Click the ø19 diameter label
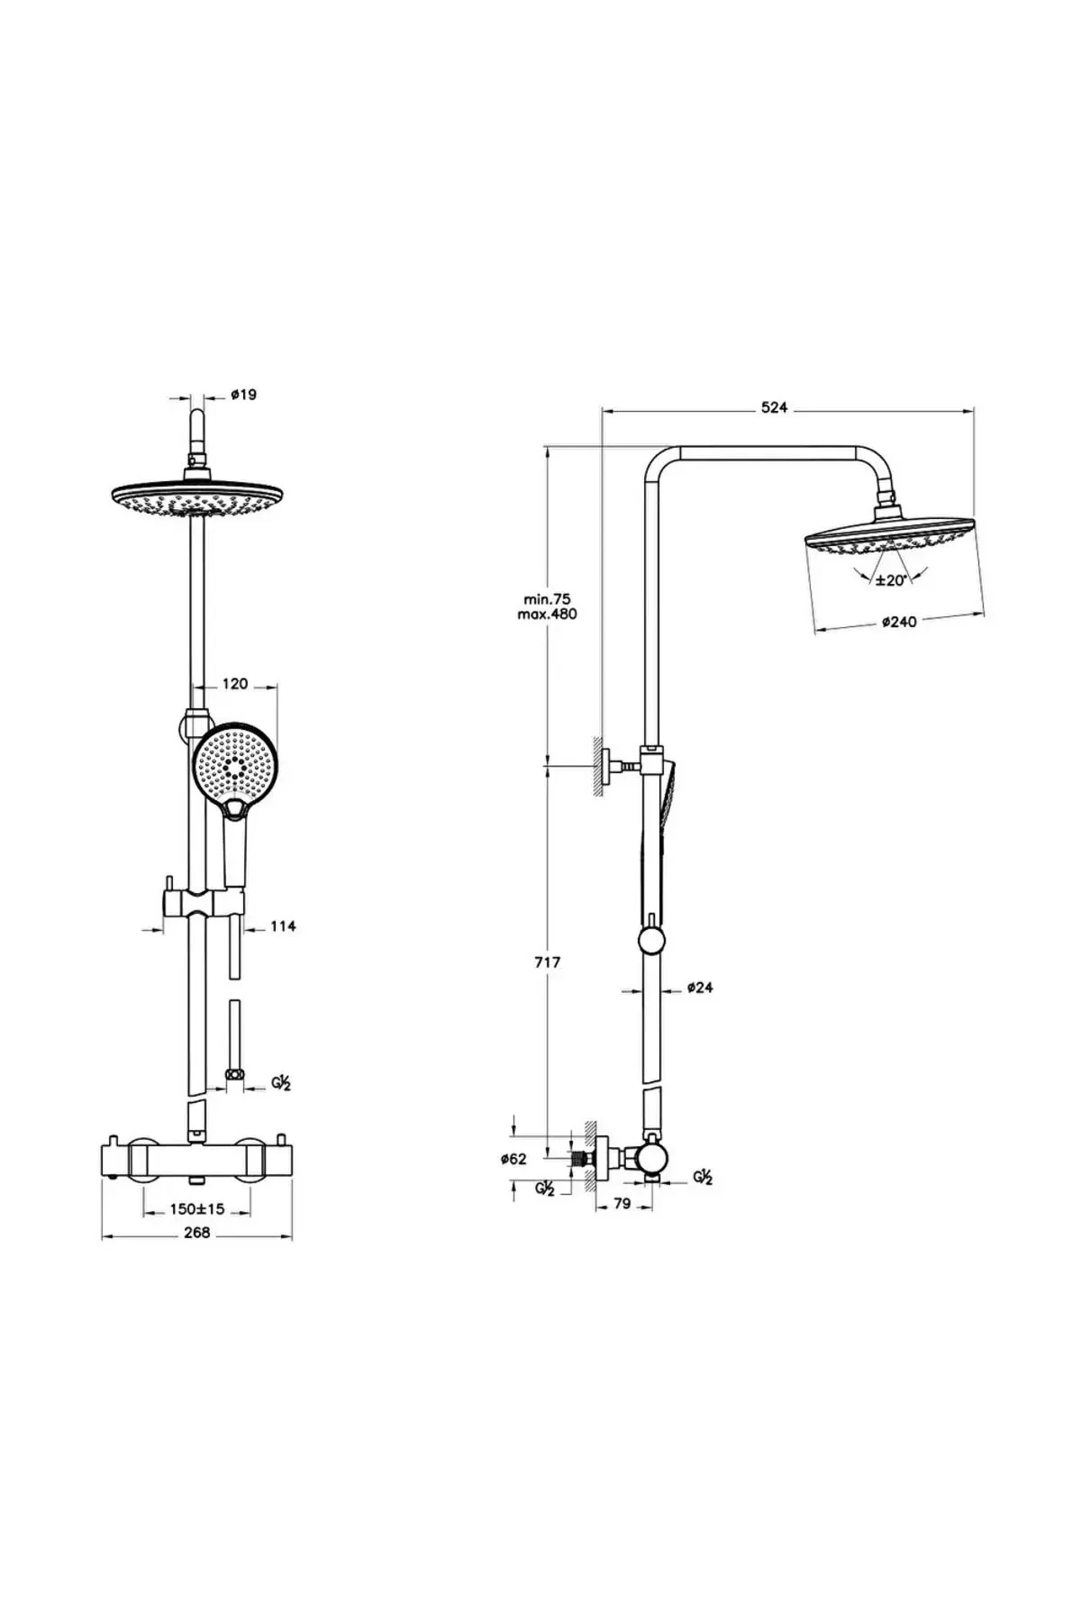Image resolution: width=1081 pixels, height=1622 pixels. [243, 395]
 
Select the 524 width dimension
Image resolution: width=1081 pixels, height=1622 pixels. [774, 408]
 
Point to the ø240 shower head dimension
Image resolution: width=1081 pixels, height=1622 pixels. [898, 621]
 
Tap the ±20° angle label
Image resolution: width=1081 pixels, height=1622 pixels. [890, 580]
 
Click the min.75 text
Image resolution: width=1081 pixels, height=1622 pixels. [547, 598]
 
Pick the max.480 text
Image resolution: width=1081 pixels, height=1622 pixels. [547, 614]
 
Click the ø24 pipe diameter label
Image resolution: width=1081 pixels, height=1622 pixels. [699, 988]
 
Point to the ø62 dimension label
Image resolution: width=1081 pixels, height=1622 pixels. [513, 1160]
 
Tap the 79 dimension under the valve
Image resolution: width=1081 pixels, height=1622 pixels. [622, 1203]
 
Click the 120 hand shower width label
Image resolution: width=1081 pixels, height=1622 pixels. [234, 684]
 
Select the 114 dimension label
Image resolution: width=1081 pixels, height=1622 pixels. [283, 925]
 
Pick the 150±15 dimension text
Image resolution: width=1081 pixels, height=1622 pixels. [196, 1209]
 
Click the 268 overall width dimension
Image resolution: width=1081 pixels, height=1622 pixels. [196, 1233]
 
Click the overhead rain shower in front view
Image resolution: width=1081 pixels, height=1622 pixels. [197, 498]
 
